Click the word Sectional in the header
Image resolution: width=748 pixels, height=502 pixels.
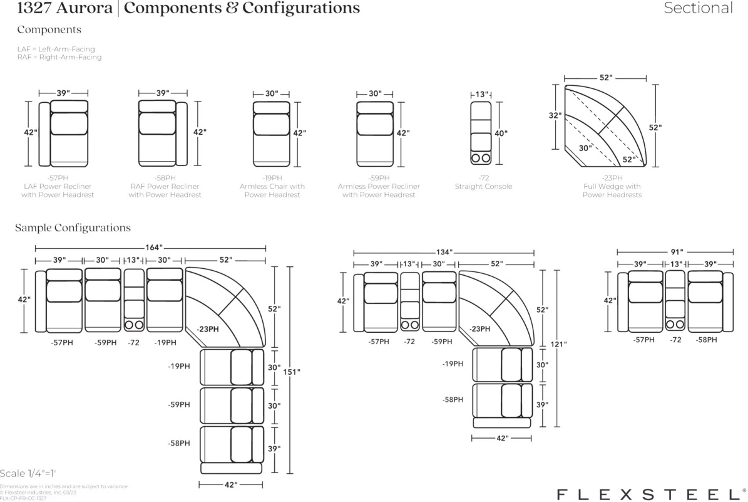coord(698,8)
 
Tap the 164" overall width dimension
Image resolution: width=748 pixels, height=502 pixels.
coord(153,248)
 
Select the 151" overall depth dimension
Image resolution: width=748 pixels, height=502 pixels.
coord(292,372)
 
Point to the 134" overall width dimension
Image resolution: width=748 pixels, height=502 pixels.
coord(444,252)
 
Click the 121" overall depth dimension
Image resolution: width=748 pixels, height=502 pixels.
coord(558,344)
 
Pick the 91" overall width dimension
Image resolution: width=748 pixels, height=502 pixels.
coord(677,252)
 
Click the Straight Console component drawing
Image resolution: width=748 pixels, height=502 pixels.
coord(481,133)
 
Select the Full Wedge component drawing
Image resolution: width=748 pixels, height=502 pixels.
coord(605,126)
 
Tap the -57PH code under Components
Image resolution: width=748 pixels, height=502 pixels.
coord(58,178)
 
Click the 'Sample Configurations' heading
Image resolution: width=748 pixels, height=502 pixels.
coord(73,228)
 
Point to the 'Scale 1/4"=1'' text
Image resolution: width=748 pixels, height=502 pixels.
coord(28,473)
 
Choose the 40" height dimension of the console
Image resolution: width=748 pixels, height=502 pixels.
coord(501,133)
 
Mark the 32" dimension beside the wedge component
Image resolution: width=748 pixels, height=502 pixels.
coord(555,115)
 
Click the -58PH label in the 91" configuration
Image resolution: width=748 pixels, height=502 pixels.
coord(707,340)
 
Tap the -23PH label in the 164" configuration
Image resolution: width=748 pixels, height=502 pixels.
coord(208,329)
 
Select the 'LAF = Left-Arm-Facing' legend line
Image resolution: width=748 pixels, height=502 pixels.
coord(56,49)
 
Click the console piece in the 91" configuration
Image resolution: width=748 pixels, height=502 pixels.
coord(675,301)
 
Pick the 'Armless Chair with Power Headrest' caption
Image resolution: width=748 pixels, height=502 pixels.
coord(272,191)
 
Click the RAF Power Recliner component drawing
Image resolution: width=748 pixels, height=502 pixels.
coord(163,133)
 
